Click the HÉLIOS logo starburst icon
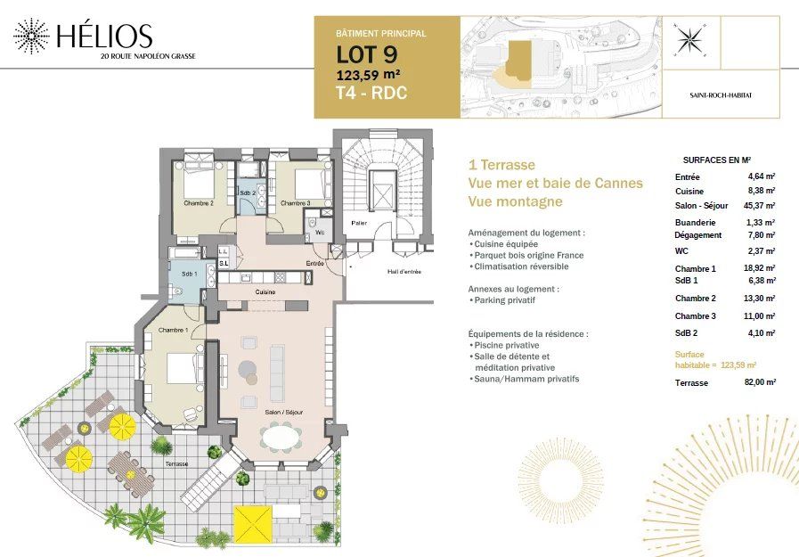click(31, 36)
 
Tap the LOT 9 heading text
click(361, 55)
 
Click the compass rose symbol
click(689, 40)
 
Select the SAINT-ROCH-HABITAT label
click(721, 94)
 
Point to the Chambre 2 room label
click(199, 203)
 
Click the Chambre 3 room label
click(295, 203)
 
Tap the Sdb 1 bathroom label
click(190, 274)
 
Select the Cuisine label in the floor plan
click(265, 292)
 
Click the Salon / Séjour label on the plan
click(281, 413)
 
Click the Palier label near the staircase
click(360, 223)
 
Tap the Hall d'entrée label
click(404, 272)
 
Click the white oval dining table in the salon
click(281, 438)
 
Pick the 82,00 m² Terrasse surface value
click(760, 381)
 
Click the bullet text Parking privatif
click(505, 301)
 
